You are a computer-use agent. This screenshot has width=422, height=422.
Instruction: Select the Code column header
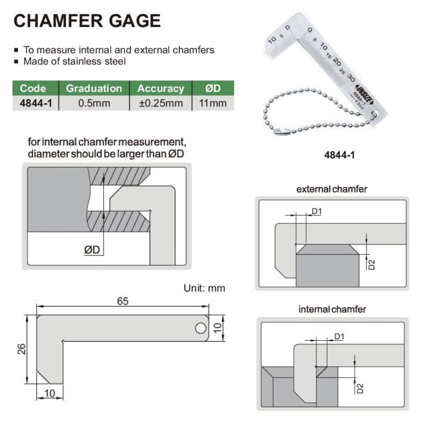[x=33, y=88]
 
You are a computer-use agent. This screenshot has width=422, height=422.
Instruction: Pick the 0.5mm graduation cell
[x=94, y=103]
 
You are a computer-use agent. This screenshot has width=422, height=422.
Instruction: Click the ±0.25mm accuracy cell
[x=160, y=103]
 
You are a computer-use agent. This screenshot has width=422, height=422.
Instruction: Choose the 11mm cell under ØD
[x=213, y=103]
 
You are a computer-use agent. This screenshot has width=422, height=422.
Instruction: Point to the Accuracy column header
[x=160, y=88]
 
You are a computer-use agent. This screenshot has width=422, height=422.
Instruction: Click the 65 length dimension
[x=123, y=301]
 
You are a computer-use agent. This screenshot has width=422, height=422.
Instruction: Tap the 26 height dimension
[x=22, y=349]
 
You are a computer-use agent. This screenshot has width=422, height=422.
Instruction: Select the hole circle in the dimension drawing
[x=200, y=327]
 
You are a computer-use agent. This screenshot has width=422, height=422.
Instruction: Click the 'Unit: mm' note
[x=204, y=288]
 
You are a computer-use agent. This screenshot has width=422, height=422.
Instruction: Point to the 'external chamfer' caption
[x=332, y=189]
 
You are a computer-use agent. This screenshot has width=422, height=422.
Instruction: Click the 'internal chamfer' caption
[x=332, y=309]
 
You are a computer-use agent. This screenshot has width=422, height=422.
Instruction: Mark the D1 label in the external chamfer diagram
[x=317, y=211]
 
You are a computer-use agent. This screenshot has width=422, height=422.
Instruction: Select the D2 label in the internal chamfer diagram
[x=360, y=388]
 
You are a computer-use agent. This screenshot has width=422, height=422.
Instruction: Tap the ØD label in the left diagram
[x=95, y=250]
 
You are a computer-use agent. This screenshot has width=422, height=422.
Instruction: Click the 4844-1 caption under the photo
[x=339, y=155]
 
